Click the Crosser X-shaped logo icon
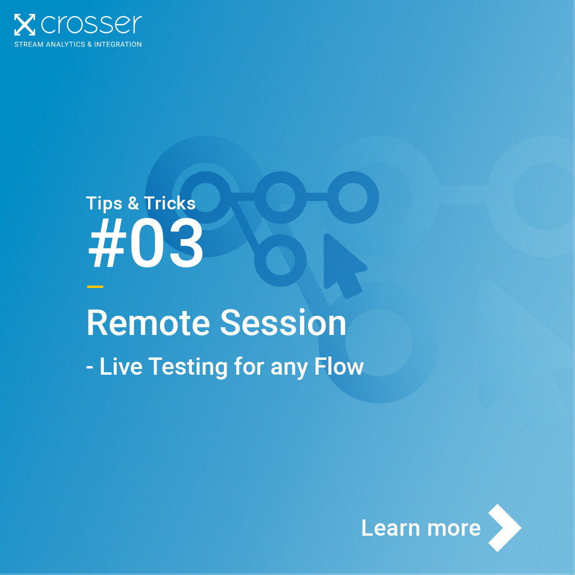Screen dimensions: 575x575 click(24, 24)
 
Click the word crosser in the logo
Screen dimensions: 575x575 click(92, 24)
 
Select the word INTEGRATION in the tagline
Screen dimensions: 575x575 click(118, 44)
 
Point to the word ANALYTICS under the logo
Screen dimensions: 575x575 click(65, 44)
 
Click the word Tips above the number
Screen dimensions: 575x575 click(104, 204)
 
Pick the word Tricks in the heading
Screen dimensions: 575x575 click(170, 204)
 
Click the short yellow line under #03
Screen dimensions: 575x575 click(95, 287)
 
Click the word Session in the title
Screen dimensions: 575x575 click(283, 323)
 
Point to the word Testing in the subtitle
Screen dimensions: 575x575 click(188, 367)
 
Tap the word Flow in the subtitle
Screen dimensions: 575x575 click(339, 367)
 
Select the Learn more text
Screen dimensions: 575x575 click(421, 528)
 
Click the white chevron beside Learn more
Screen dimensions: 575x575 click(504, 528)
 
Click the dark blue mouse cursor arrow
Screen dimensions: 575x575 click(341, 263)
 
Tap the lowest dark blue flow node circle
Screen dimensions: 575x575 click(280, 260)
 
